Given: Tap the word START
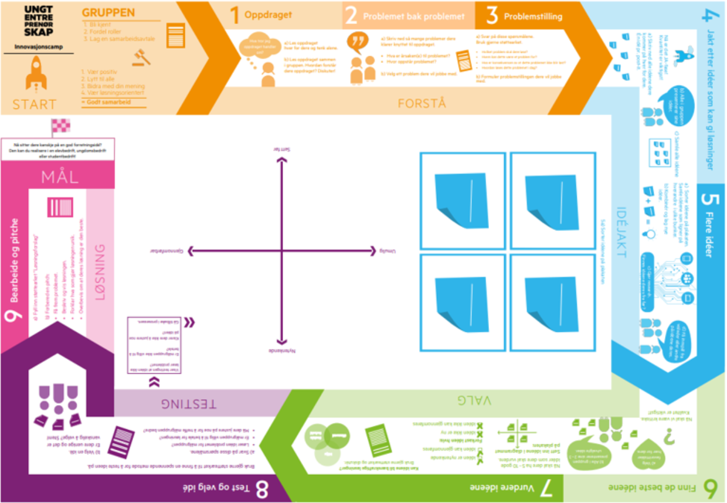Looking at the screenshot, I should [35, 104].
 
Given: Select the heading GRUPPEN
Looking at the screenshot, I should [108, 13].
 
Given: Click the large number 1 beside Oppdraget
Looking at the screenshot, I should [233, 15].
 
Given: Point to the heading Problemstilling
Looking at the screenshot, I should [533, 16].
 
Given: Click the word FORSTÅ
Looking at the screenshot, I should [422, 103].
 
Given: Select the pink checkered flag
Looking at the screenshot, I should [61, 125].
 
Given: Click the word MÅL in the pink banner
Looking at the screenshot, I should [60, 177].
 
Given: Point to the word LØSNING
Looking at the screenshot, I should [100, 272].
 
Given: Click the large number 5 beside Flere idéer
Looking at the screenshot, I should [711, 199].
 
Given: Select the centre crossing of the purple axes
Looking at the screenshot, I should [281, 251].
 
